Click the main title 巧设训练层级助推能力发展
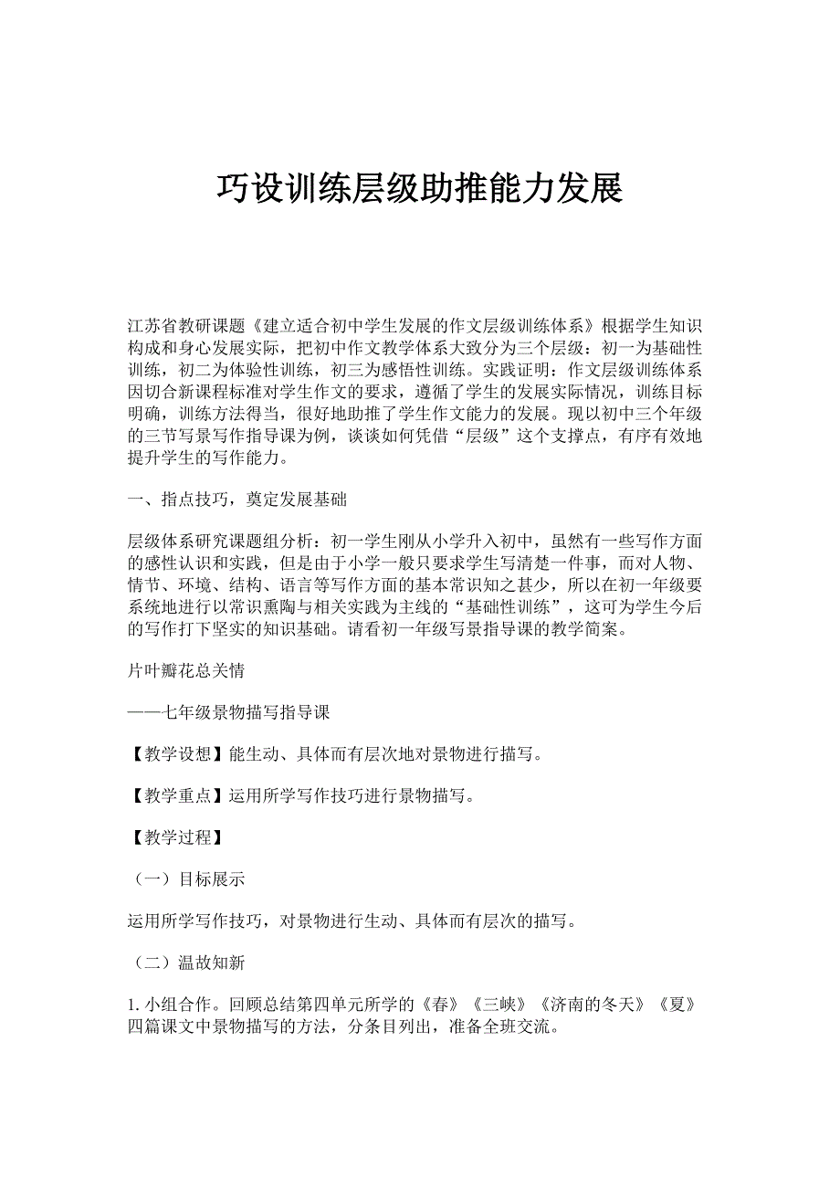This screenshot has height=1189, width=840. coord(419,188)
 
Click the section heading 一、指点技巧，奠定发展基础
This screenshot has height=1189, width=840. coord(237,500)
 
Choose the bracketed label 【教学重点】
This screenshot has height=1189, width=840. coord(178,796)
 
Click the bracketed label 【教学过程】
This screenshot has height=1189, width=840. coord(178,837)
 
